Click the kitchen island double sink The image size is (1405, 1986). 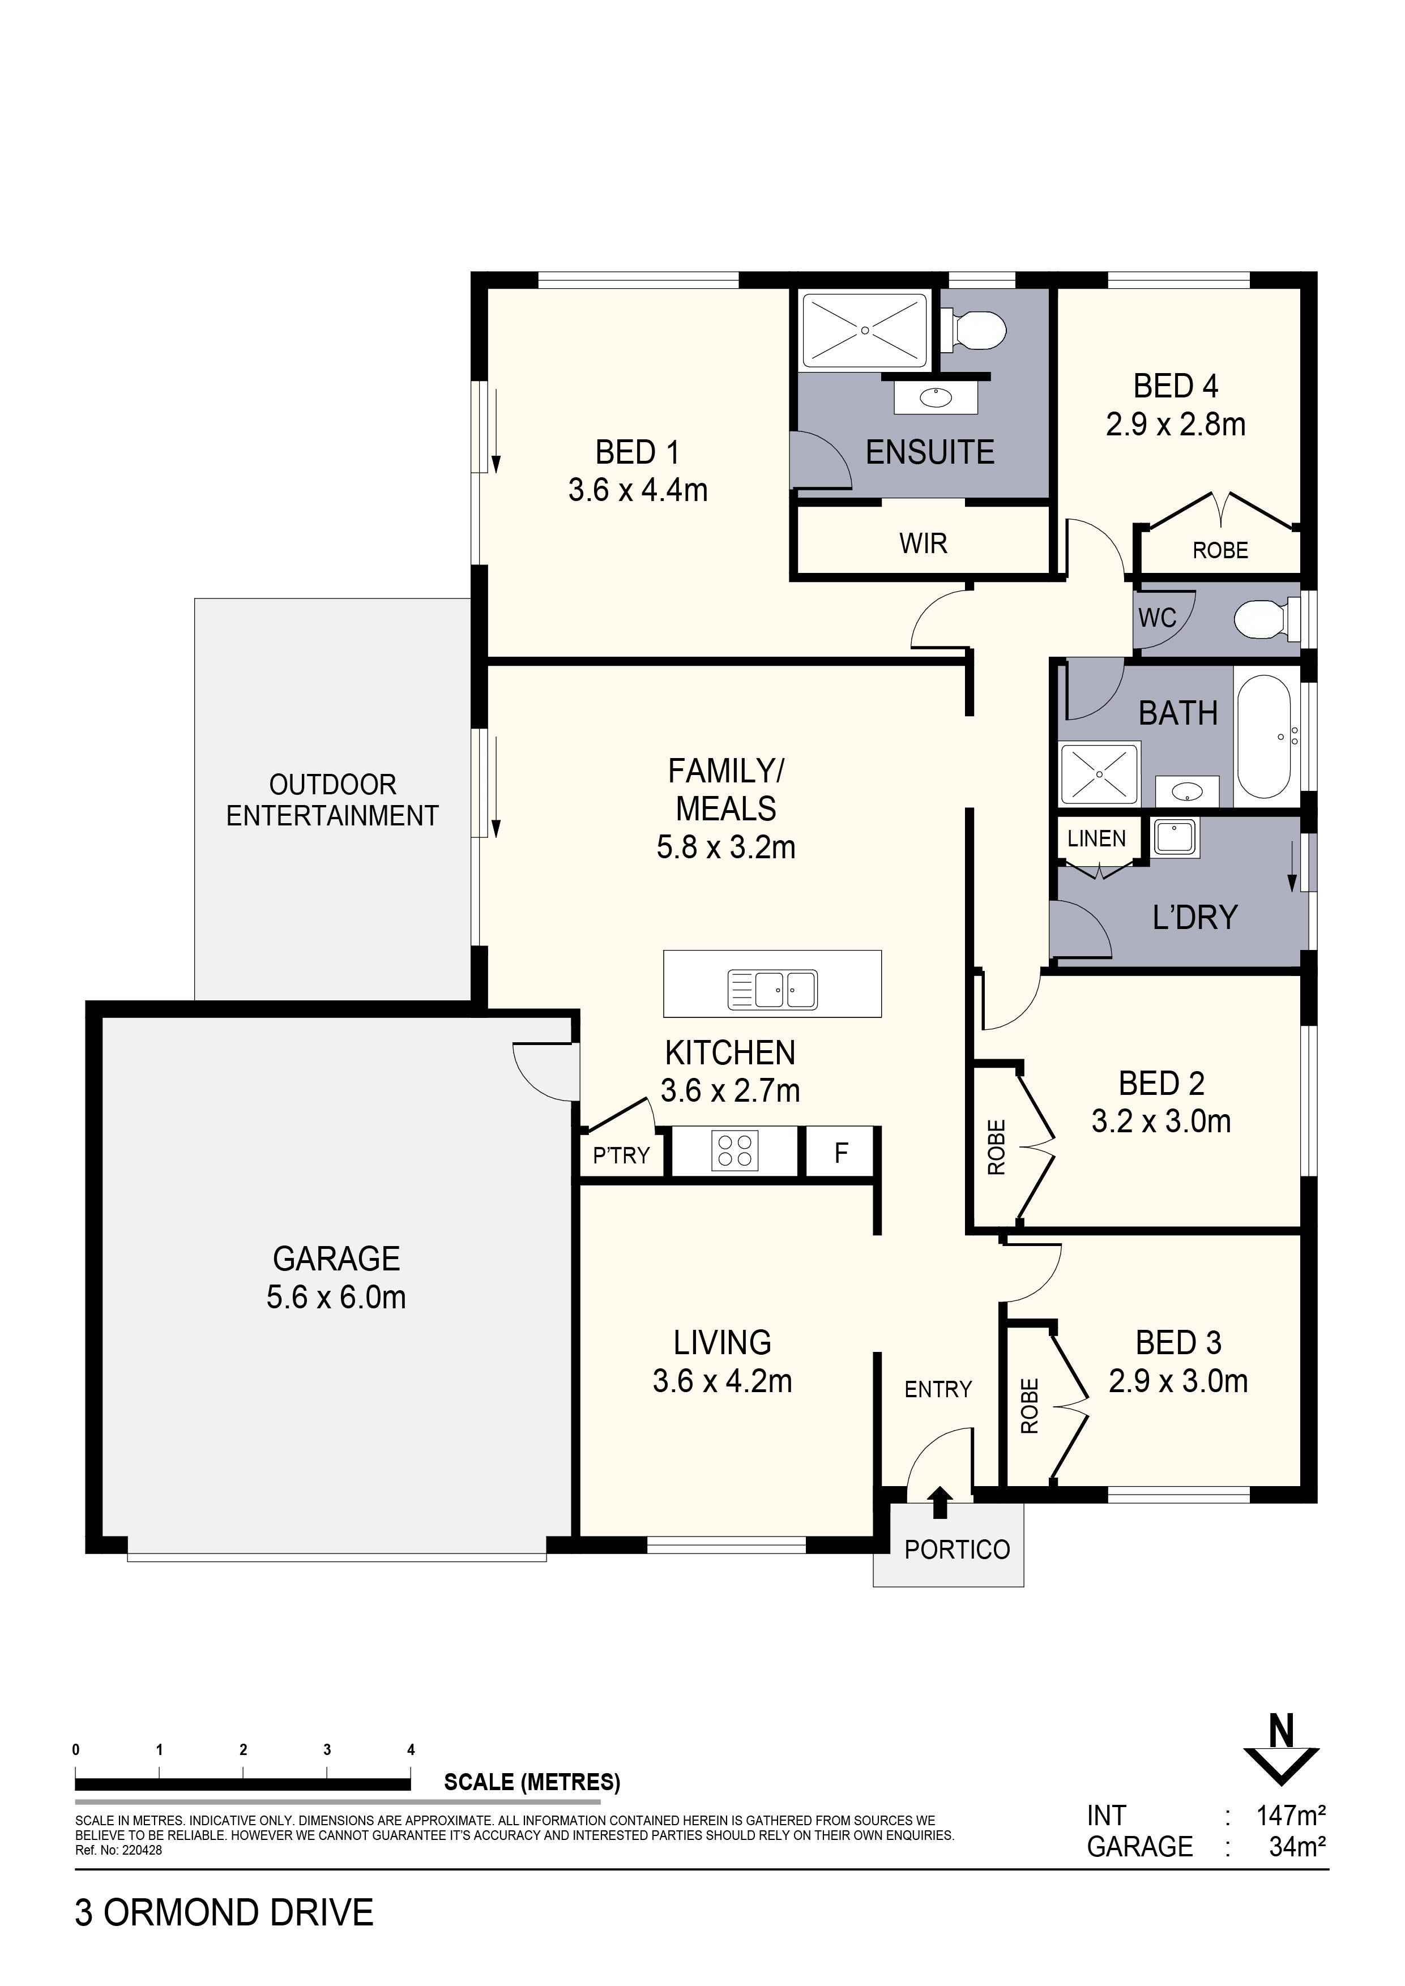(x=772, y=990)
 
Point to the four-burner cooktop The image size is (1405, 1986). (x=734, y=1152)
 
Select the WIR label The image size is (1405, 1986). (x=923, y=543)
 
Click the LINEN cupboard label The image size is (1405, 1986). (x=1096, y=838)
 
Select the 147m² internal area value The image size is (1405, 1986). (x=1291, y=1814)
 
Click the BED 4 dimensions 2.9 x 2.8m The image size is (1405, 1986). (x=1176, y=425)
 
